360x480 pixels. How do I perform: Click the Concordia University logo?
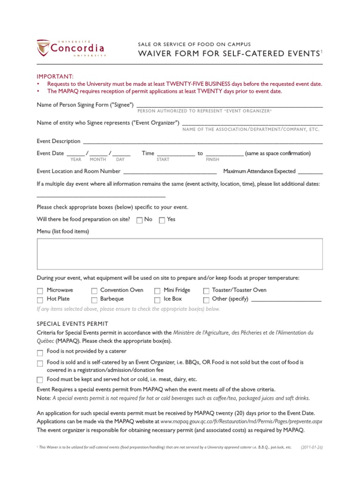pos(71,48)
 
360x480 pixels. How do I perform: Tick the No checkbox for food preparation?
pos(139,220)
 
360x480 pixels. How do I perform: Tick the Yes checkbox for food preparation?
pos(162,220)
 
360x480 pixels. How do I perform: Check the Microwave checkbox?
pos(40,291)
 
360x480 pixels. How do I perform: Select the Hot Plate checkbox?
pos(40,300)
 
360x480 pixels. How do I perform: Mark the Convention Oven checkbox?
pos(94,291)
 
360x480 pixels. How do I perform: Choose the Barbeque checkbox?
pos(94,300)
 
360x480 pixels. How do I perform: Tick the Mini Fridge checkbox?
pos(157,291)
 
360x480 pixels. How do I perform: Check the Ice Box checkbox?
pos(157,300)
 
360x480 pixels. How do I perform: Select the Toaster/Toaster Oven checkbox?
pos(206,291)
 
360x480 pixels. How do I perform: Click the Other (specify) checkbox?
pos(206,300)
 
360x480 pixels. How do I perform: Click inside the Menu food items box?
pos(180,254)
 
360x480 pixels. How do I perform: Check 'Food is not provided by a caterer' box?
pos(40,352)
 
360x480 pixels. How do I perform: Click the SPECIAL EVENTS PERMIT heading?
pos(72,324)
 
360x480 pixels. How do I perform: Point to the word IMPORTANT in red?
pos(55,76)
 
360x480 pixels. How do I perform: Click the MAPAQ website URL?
pos(241,421)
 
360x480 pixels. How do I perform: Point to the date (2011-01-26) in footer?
pos(312,448)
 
